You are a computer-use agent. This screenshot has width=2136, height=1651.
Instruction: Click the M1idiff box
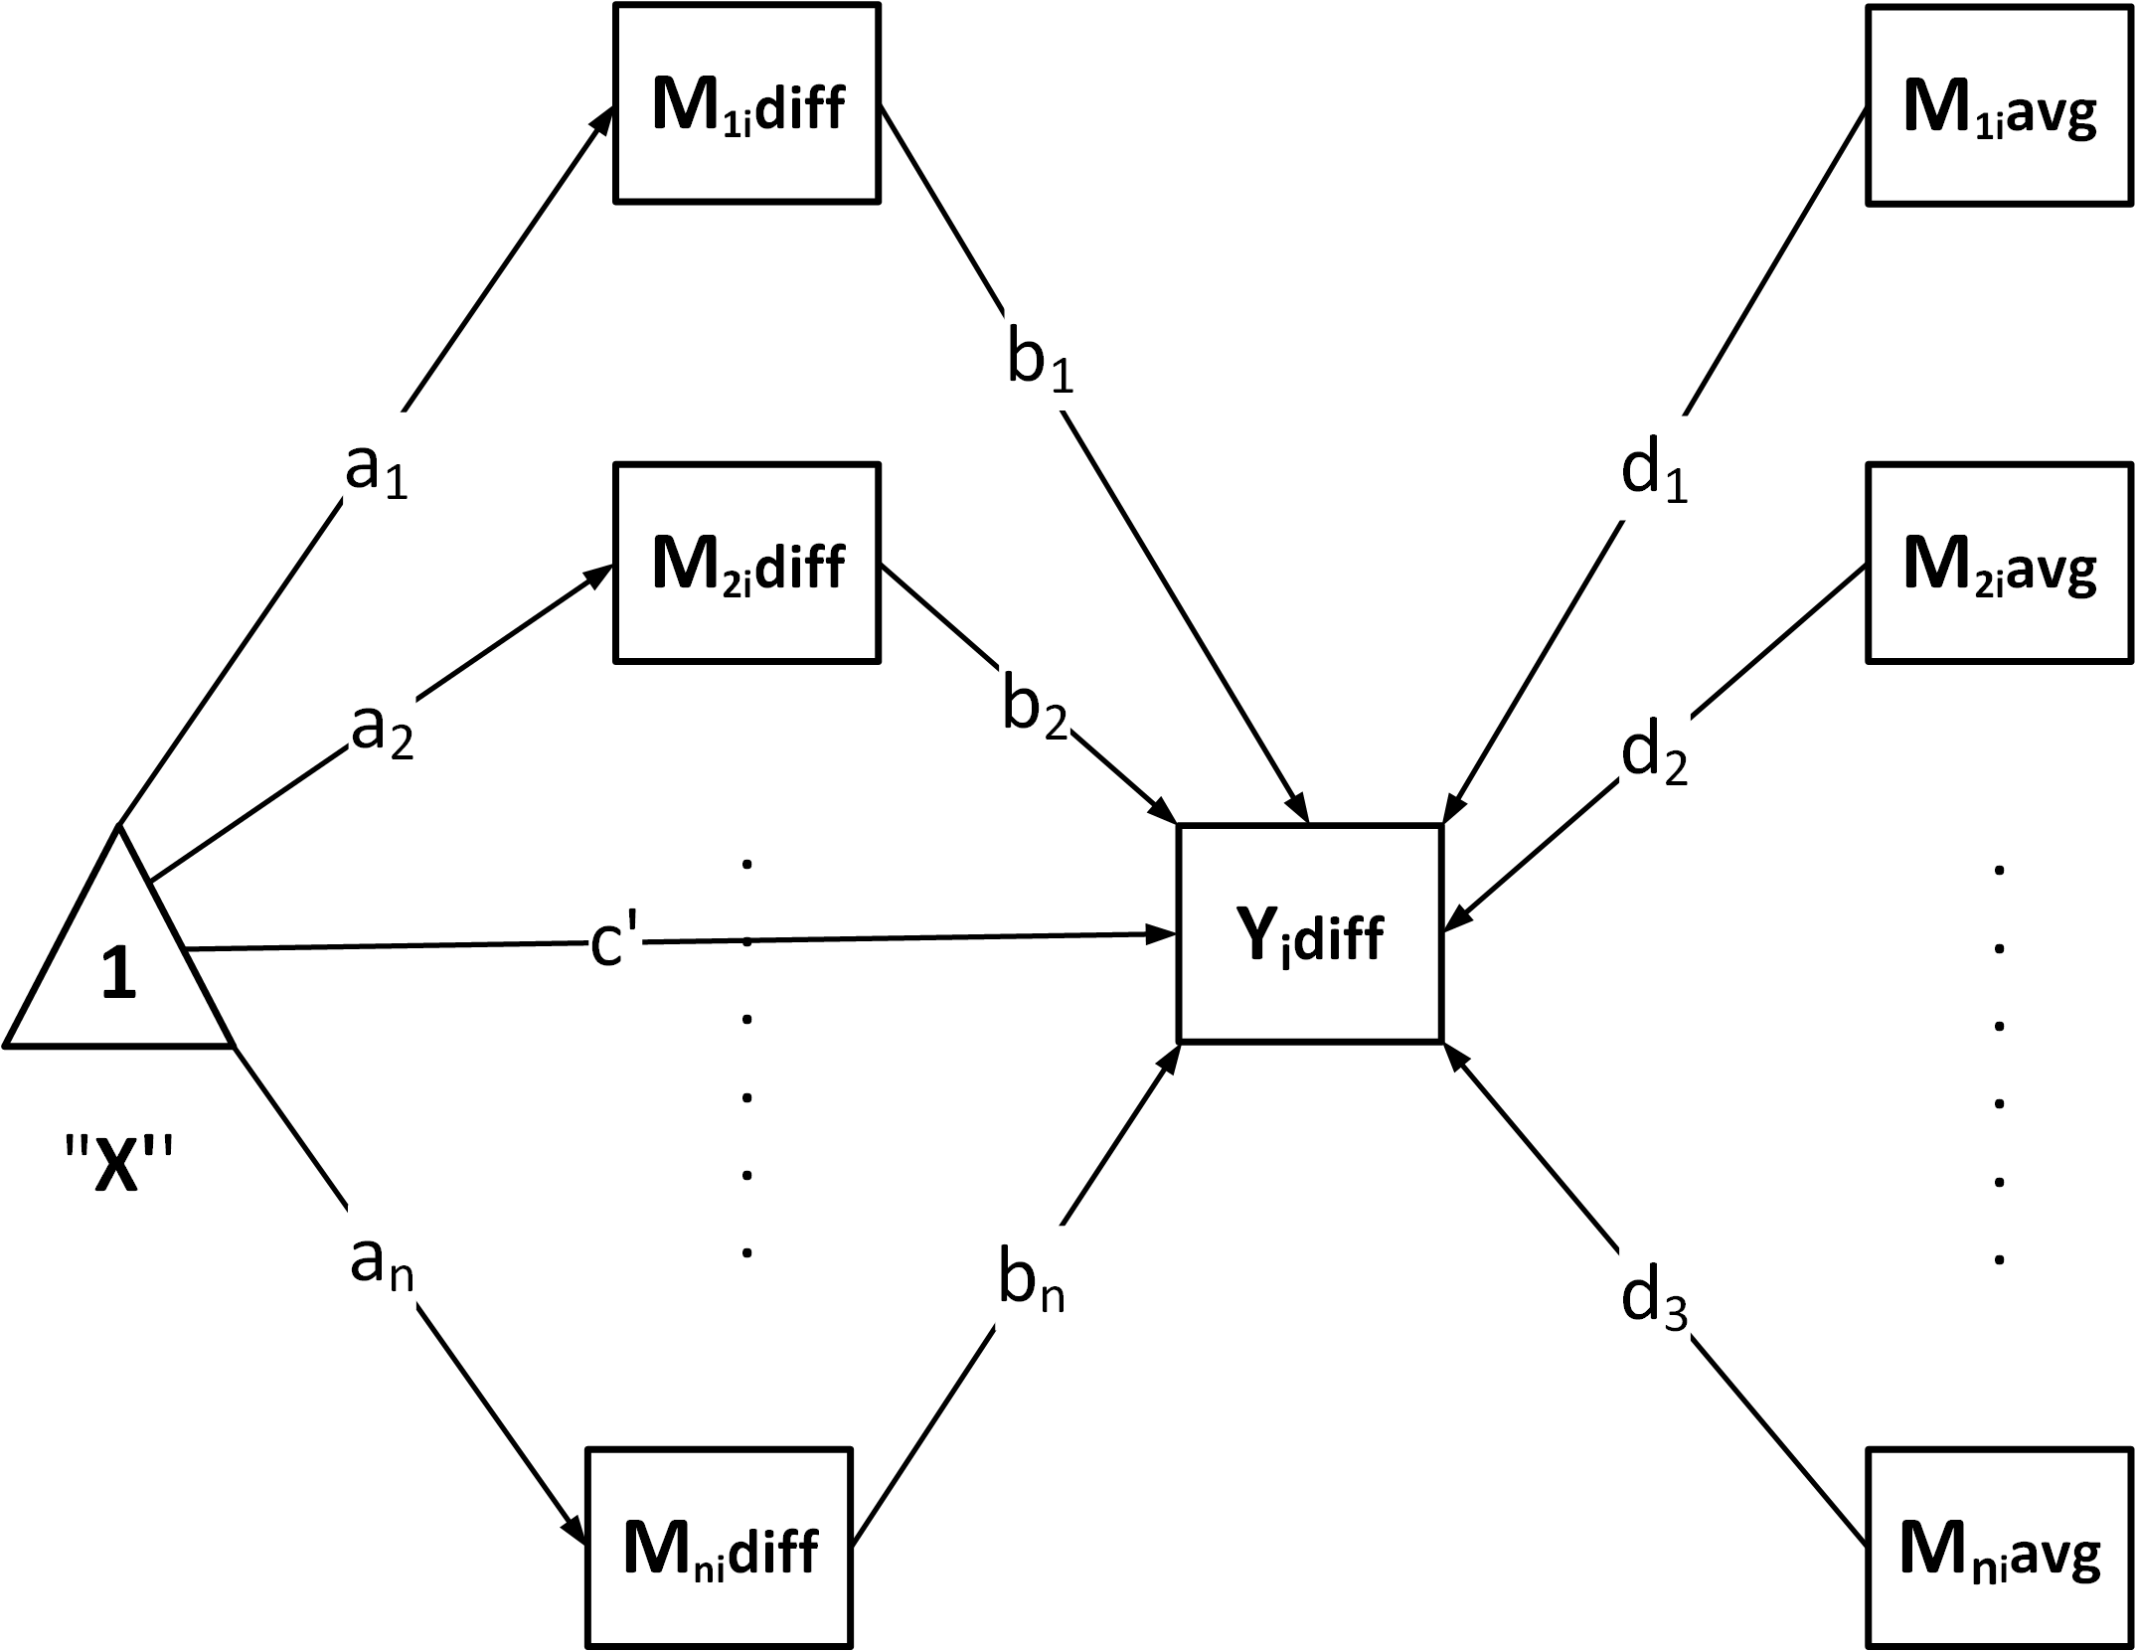[746, 104]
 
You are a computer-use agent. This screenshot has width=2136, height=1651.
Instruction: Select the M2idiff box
[746, 563]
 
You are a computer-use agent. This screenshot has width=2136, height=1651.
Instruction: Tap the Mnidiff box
[719, 1549]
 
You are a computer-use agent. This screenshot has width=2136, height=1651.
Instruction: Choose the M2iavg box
[1999, 563]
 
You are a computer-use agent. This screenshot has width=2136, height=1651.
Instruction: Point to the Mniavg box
[1999, 1549]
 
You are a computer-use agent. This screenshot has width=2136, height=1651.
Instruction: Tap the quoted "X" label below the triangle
[119, 1159]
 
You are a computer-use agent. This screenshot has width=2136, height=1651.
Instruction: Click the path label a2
[382, 733]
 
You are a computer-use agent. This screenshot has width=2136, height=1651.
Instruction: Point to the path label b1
[1040, 363]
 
